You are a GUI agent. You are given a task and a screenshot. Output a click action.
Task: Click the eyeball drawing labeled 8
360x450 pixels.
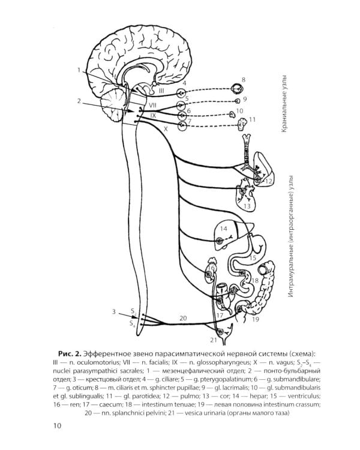[x=238, y=89]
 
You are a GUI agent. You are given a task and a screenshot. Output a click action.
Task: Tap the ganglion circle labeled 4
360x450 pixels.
[x=181, y=93]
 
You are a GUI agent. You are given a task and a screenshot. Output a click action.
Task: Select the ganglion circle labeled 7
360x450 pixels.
[x=182, y=126]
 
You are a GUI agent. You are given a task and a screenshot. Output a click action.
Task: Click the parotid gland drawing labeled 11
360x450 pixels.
[x=244, y=123]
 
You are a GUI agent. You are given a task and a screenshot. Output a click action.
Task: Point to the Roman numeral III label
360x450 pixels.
[x=161, y=91]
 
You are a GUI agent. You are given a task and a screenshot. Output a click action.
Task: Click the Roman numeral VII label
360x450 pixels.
[x=152, y=106]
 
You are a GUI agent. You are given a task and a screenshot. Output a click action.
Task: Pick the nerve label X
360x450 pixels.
[x=166, y=129]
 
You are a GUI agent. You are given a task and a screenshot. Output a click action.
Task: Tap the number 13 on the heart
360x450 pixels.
[x=247, y=206]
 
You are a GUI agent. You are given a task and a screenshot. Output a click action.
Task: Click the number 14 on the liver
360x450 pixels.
[x=224, y=229]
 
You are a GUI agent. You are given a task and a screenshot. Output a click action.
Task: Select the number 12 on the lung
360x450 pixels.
[x=268, y=181]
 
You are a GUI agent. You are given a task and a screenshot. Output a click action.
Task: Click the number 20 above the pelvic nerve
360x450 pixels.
[x=183, y=318]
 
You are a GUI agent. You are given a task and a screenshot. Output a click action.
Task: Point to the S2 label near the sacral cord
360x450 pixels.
[x=133, y=311]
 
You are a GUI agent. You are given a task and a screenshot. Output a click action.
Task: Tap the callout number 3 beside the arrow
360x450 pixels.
[x=114, y=311]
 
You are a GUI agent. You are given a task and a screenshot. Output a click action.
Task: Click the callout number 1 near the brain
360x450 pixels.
[x=79, y=70]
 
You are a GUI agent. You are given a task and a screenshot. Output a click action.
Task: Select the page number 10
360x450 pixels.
[x=58, y=425]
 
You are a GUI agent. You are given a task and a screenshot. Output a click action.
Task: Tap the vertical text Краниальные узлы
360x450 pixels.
[x=284, y=104]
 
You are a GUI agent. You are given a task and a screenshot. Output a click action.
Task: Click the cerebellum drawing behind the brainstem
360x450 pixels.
[x=113, y=106]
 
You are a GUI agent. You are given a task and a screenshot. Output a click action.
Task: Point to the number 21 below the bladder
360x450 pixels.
[x=214, y=340]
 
